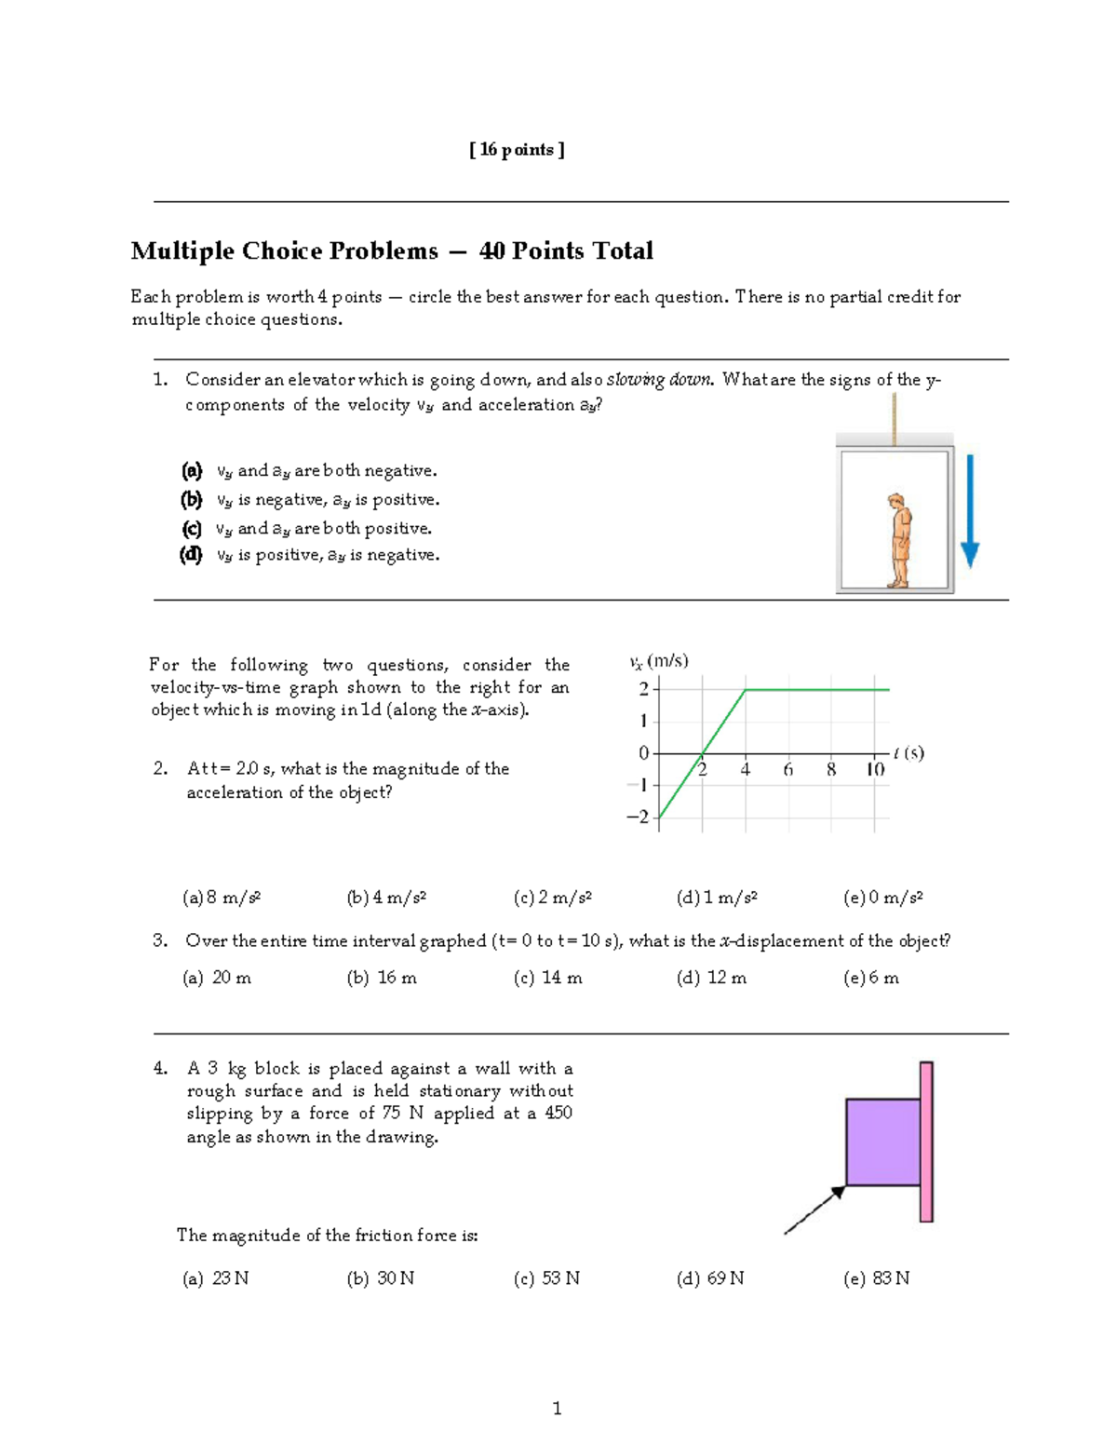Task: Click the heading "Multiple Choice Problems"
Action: tap(284, 251)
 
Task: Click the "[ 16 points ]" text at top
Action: tap(517, 150)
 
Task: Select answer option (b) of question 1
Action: tap(310, 500)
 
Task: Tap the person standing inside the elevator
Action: tap(898, 540)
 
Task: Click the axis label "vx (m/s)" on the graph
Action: tap(658, 661)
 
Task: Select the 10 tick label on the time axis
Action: tap(875, 769)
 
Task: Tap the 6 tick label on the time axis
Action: tap(787, 769)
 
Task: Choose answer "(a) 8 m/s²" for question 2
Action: tap(222, 898)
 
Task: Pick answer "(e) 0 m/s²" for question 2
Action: tap(882, 898)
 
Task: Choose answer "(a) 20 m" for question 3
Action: tap(217, 978)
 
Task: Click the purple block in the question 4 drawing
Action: tap(882, 1142)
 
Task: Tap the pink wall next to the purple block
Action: tap(926, 1141)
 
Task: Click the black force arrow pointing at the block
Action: tap(813, 1211)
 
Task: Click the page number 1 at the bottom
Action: tap(557, 1408)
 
